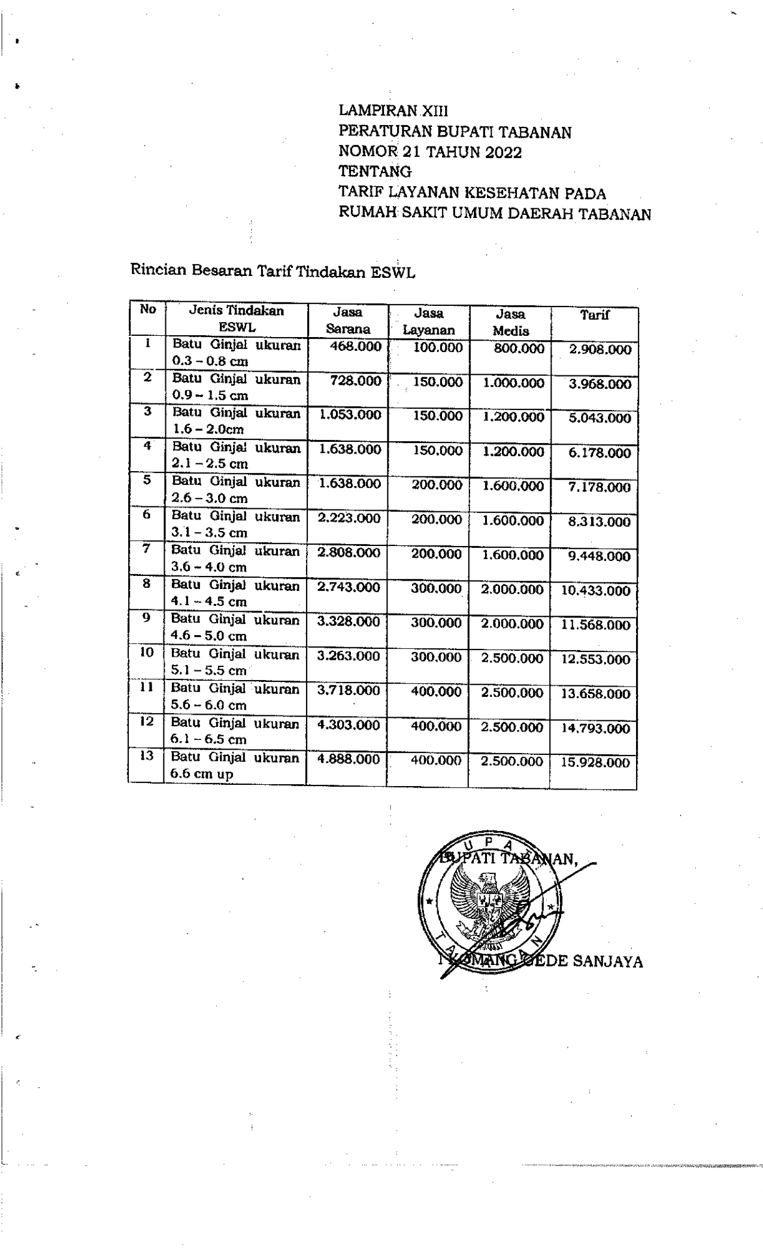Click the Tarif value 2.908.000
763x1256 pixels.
(x=600, y=350)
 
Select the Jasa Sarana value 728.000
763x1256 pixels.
(x=355, y=381)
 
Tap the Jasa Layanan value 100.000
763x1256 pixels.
(x=438, y=348)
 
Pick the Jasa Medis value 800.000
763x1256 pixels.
(x=519, y=348)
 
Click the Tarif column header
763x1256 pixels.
(x=594, y=315)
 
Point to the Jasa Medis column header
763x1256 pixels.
(x=510, y=322)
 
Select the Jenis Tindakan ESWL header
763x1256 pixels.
(x=237, y=319)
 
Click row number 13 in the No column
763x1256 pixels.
(x=147, y=756)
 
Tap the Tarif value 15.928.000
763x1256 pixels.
(x=595, y=763)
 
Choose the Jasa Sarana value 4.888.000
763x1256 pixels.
(x=349, y=759)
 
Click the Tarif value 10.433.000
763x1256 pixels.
(x=595, y=591)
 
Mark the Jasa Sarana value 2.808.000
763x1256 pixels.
(x=349, y=553)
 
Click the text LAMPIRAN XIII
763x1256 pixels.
(x=393, y=111)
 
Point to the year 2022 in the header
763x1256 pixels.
(x=503, y=153)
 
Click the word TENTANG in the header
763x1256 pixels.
(x=375, y=172)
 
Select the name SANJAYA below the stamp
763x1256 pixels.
(x=607, y=962)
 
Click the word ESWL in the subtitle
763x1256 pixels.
(x=392, y=273)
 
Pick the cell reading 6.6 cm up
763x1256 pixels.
(x=202, y=774)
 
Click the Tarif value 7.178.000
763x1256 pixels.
(x=599, y=487)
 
